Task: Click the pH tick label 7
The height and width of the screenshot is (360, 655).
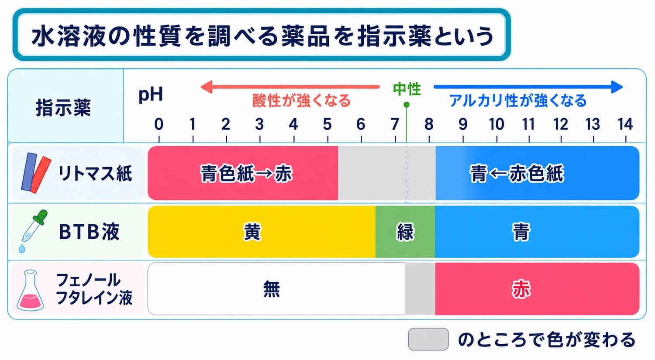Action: [x=395, y=124]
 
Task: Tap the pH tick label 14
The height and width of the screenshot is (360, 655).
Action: [x=625, y=124]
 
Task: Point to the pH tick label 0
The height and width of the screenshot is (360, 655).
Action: [x=159, y=124]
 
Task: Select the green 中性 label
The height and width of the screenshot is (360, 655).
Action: [x=407, y=89]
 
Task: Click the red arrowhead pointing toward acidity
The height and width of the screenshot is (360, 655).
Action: [x=207, y=87]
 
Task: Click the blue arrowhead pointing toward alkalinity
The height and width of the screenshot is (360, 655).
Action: [x=617, y=87]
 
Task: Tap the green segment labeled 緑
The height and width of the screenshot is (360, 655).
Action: [x=405, y=232]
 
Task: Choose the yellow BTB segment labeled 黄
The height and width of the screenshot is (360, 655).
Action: [x=262, y=232]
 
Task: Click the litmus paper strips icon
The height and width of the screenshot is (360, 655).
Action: [x=36, y=173]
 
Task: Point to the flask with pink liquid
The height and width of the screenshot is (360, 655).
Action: [x=30, y=290]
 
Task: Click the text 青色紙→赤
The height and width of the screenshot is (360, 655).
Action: [x=246, y=174]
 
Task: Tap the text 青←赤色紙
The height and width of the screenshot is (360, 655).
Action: [x=517, y=174]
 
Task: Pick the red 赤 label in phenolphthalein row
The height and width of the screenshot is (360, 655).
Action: [x=521, y=289]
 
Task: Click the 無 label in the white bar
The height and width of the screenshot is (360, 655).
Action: [x=272, y=289]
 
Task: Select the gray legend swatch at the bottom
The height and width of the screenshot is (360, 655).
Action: [x=428, y=339]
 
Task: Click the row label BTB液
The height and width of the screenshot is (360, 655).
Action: [x=89, y=232]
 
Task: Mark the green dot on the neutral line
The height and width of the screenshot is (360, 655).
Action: [x=407, y=105]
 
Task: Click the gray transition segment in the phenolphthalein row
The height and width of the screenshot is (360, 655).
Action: [x=420, y=289]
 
